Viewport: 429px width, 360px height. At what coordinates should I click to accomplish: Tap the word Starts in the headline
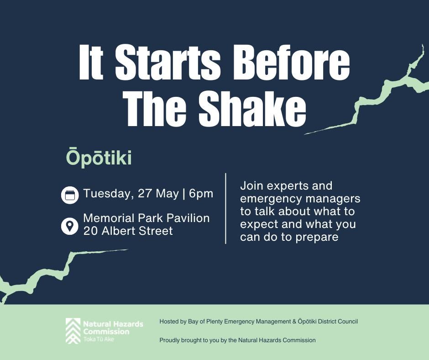pos(167,61)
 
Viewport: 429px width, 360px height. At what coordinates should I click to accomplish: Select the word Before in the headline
pos(291,61)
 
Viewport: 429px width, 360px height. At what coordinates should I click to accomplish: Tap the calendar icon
pos(70,195)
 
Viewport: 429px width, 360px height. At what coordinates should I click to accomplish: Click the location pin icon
pos(70,226)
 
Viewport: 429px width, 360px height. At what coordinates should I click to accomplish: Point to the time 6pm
pos(201,194)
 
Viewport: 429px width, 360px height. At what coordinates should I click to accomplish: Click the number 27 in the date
pos(145,193)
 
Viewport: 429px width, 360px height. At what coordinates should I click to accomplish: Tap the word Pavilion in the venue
pos(188,218)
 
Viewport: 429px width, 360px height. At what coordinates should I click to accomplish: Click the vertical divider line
pos(225,208)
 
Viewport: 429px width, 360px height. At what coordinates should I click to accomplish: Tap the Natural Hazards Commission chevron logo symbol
pos(73,331)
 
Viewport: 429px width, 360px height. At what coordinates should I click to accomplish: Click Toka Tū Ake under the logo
pos(99,339)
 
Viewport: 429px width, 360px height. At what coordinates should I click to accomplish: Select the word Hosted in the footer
pos(169,321)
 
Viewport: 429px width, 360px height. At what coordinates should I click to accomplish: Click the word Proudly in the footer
pos(169,340)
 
